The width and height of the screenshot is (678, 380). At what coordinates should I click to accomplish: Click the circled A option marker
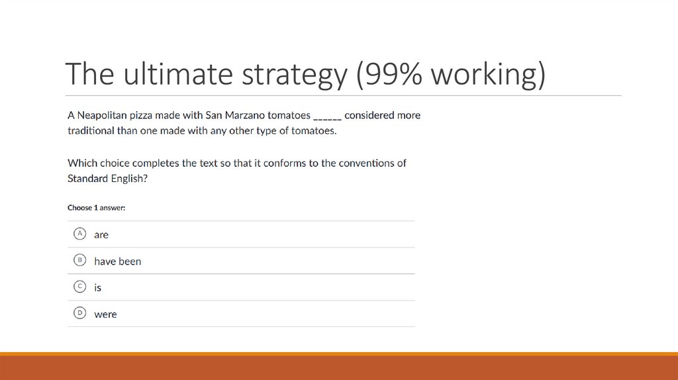coord(79,234)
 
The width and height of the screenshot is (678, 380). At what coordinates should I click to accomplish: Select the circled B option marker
coord(79,260)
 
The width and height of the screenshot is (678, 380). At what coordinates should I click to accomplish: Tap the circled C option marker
coord(79,287)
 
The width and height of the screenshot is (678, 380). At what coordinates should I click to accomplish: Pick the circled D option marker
coord(79,313)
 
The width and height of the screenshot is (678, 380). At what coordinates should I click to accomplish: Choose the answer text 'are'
coord(101,234)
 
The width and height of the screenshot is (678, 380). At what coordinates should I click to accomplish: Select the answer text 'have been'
coord(117,261)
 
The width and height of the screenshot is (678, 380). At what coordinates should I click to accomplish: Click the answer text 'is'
coord(97,288)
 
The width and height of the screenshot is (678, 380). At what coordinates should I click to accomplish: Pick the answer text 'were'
coord(105,314)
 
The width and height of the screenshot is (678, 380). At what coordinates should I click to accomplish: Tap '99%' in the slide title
coord(391,75)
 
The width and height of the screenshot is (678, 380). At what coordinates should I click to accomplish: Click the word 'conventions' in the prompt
coord(365,163)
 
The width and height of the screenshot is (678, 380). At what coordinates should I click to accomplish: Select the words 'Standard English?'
coord(107,178)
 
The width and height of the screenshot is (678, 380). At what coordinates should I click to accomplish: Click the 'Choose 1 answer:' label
coord(97,208)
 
